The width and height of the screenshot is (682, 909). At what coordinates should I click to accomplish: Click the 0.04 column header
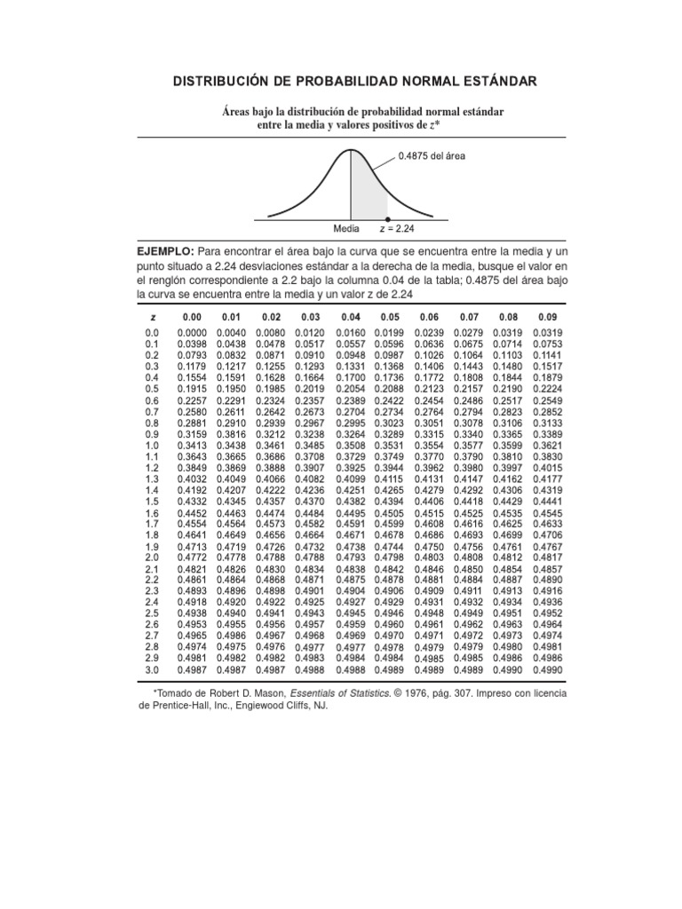(x=350, y=316)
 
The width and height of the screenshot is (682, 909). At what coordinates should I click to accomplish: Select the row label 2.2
(x=153, y=580)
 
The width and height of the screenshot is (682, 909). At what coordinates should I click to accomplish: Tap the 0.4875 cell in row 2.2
(x=350, y=580)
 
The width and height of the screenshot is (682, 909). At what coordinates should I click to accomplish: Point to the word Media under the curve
(x=346, y=228)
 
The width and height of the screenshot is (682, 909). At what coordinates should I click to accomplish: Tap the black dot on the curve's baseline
(x=387, y=218)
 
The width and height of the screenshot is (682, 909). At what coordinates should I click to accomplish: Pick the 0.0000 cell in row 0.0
(x=192, y=332)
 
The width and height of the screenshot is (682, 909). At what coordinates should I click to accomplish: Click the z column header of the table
(x=153, y=316)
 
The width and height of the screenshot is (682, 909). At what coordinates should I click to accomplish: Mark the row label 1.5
(x=153, y=502)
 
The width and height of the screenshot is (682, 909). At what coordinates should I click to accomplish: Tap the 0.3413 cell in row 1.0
(x=192, y=445)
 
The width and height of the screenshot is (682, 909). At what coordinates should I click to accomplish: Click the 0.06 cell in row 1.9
(x=429, y=547)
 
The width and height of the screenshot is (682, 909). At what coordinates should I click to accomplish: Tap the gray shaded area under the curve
(x=366, y=195)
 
